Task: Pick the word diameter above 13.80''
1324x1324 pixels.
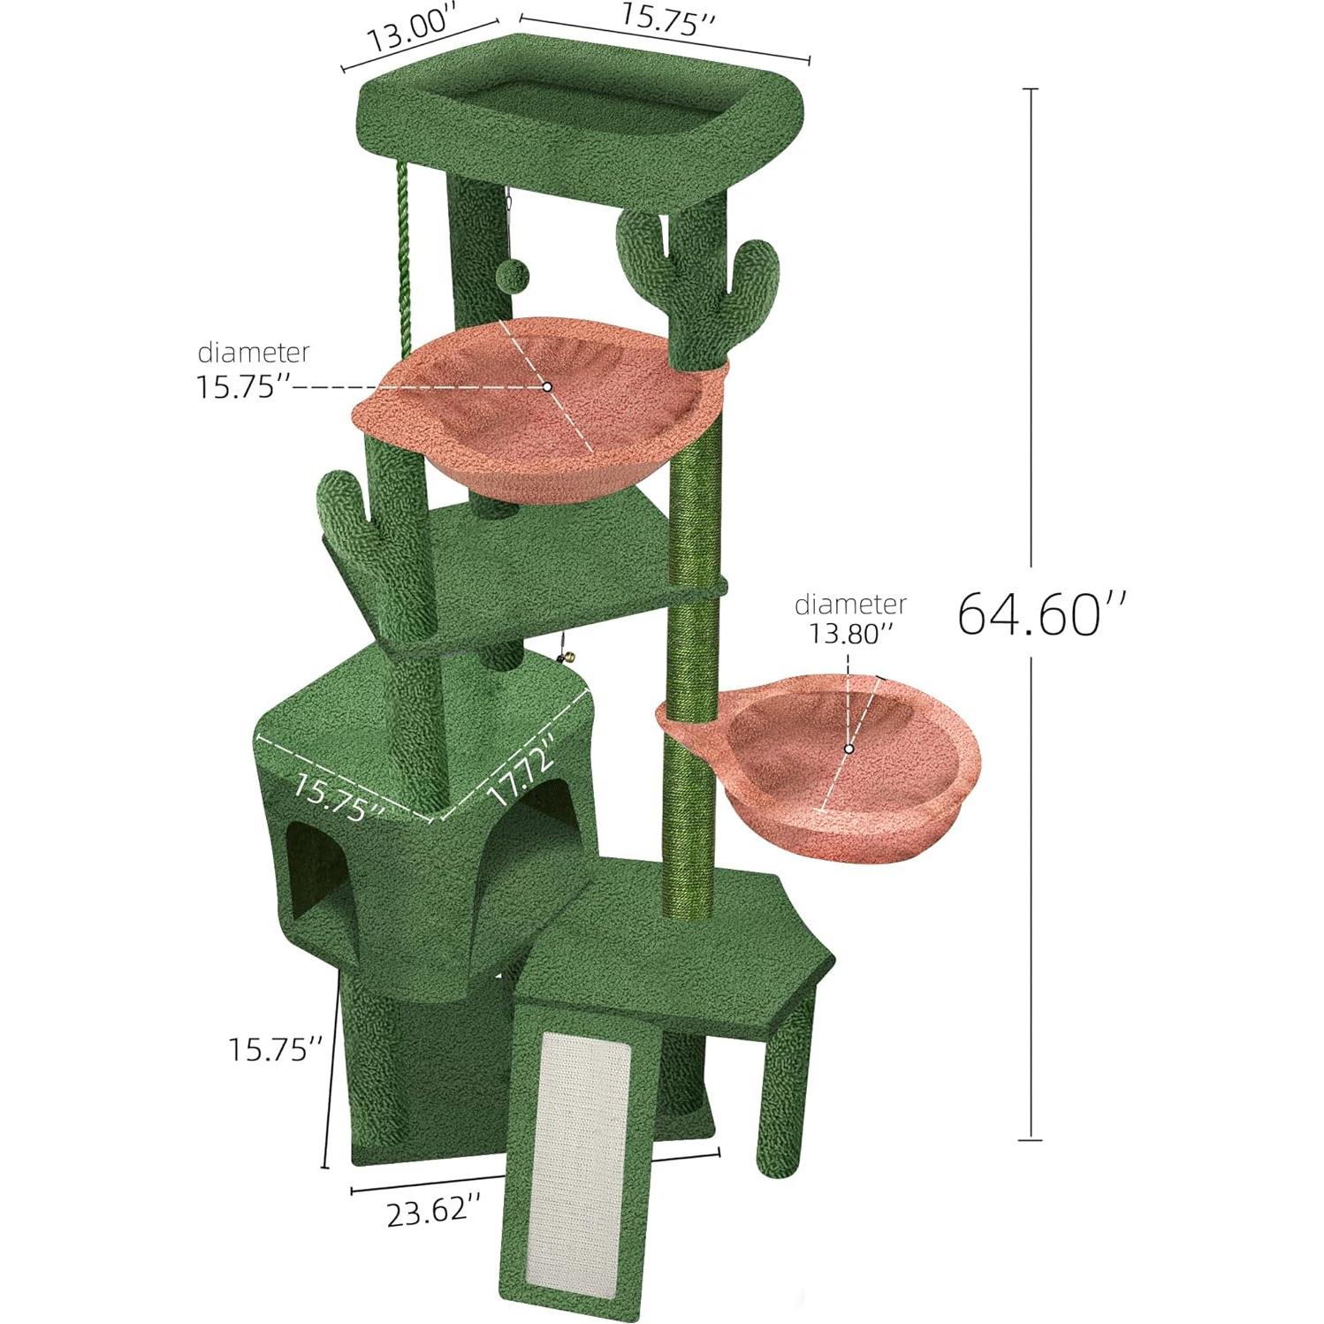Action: [849, 605]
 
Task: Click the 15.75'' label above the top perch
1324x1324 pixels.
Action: [667, 19]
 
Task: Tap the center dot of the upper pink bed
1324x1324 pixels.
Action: [547, 386]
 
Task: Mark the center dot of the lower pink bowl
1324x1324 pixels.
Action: [848, 749]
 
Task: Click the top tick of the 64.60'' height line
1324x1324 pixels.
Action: [1030, 89]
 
